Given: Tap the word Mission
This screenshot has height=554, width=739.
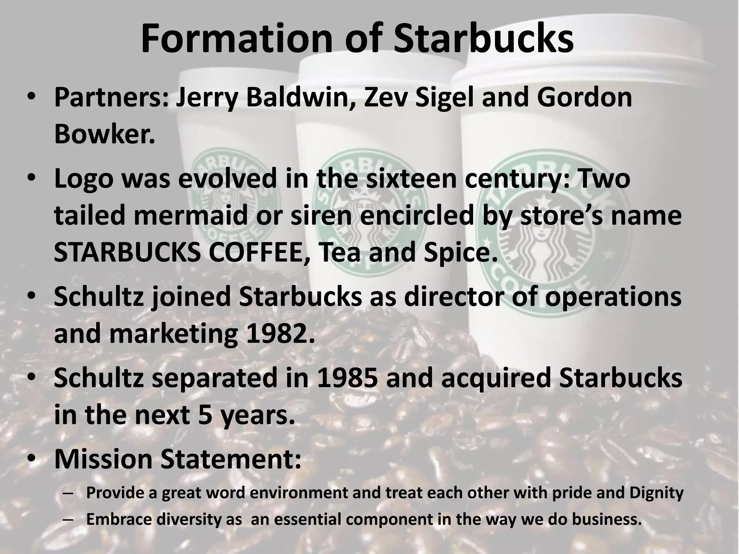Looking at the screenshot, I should pyautogui.click(x=104, y=459).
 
